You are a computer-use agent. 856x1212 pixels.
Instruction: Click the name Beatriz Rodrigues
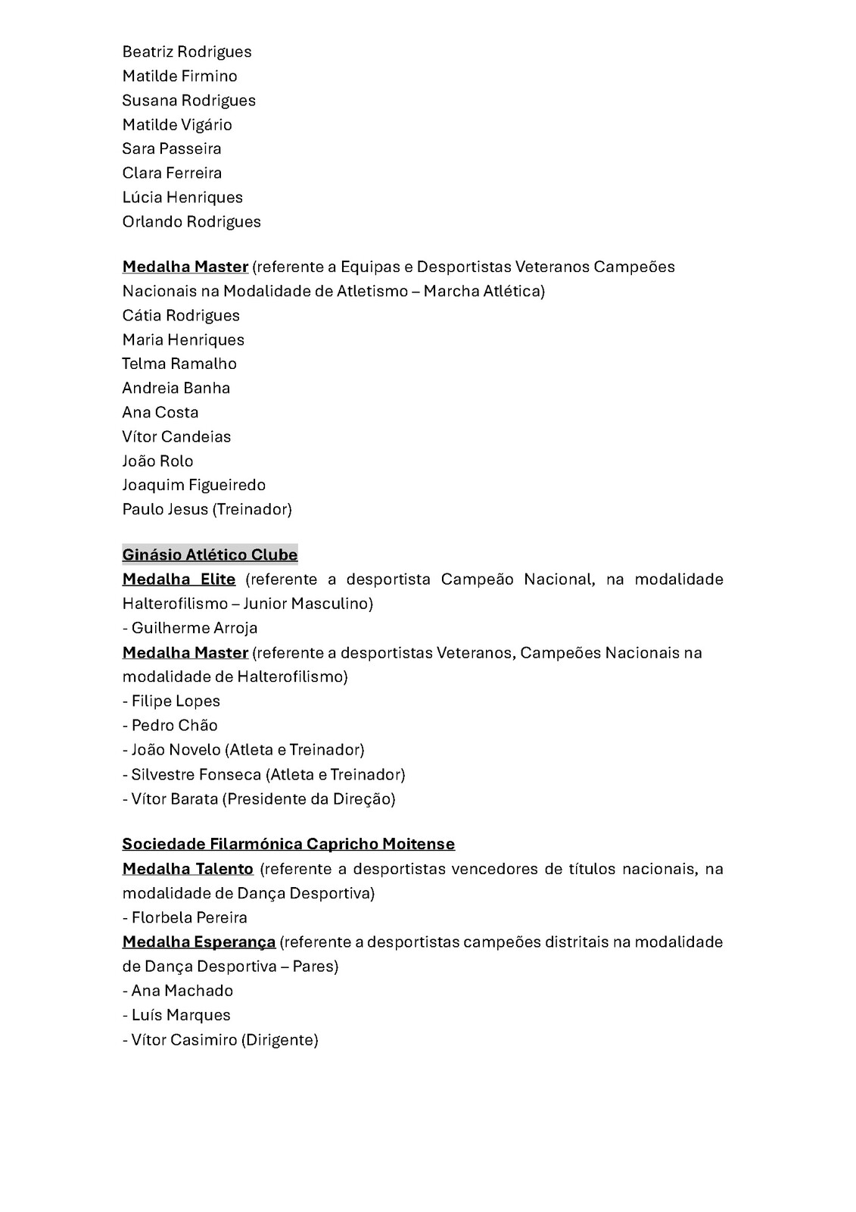click(x=187, y=52)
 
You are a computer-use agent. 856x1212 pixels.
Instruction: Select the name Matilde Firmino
click(x=180, y=76)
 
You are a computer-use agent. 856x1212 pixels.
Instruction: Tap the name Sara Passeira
click(x=172, y=148)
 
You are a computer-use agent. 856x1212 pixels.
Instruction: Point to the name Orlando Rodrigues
click(x=191, y=221)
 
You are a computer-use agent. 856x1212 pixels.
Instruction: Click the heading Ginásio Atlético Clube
click(x=210, y=554)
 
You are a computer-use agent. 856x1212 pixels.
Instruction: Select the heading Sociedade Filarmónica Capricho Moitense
click(x=288, y=844)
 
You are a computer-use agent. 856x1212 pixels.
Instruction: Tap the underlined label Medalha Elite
click(x=179, y=579)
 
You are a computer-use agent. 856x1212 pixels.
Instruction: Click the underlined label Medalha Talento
click(x=188, y=868)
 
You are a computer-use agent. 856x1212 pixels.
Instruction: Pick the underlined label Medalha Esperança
click(x=199, y=942)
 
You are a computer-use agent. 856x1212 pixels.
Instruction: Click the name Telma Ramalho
click(x=179, y=364)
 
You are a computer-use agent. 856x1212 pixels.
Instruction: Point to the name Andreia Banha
click(x=176, y=388)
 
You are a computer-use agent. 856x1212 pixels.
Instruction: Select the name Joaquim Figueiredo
click(x=194, y=485)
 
